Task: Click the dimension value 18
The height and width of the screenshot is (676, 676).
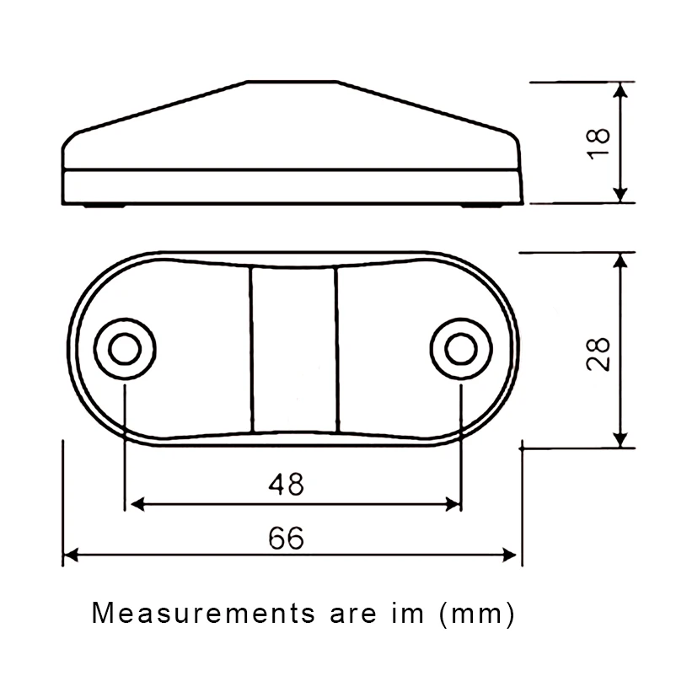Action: pyautogui.click(x=598, y=144)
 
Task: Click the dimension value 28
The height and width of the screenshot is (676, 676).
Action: pyautogui.click(x=598, y=354)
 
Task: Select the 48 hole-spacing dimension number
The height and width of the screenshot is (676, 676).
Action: pyautogui.click(x=287, y=484)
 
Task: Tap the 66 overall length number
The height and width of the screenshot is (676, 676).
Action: pyautogui.click(x=287, y=538)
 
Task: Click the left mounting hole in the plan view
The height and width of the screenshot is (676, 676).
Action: pyautogui.click(x=125, y=349)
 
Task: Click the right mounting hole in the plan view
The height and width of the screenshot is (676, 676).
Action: pyautogui.click(x=461, y=349)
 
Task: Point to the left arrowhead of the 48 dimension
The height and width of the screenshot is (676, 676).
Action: pyautogui.click(x=137, y=503)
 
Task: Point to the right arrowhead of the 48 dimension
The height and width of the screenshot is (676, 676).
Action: pyautogui.click(x=453, y=503)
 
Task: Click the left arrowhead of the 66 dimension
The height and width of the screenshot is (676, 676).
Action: pyautogui.click(x=71, y=555)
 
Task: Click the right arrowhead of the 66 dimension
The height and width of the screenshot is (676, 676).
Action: pyautogui.click(x=509, y=555)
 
